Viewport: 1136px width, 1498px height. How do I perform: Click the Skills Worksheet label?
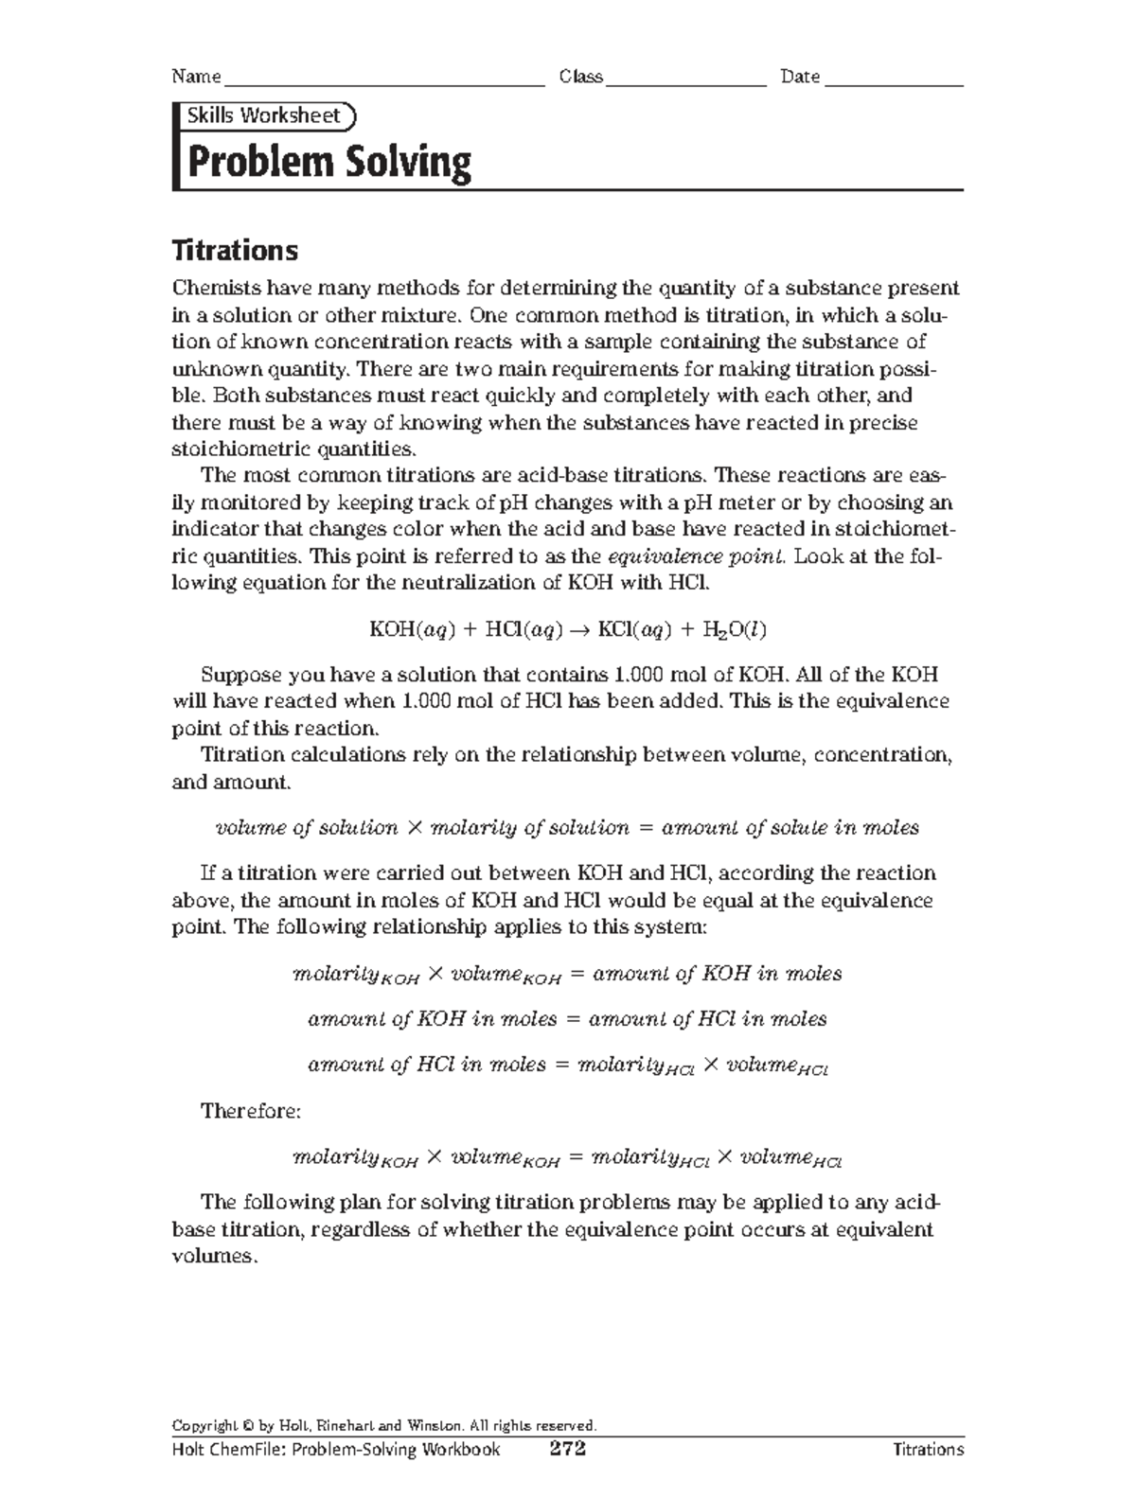point(263,115)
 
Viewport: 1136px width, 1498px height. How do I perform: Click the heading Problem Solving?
point(329,163)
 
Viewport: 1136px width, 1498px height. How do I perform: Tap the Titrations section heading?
point(234,251)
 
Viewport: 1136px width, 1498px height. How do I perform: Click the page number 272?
point(568,1449)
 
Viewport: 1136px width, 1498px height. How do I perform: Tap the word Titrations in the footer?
point(928,1449)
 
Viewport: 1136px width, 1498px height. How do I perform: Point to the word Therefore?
point(250,1111)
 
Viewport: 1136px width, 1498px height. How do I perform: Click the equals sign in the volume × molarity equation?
point(646,828)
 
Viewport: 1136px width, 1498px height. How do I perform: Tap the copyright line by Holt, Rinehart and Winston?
point(383,1425)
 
